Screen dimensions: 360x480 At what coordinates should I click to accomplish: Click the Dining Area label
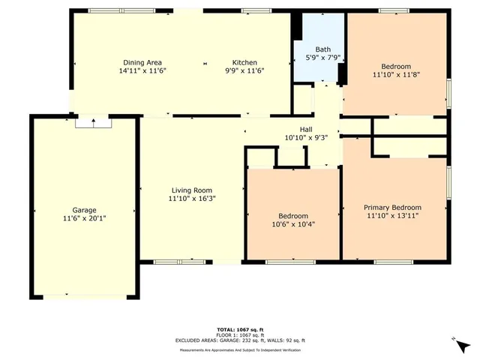(x=142, y=62)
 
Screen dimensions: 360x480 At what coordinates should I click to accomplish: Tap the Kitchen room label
(x=244, y=62)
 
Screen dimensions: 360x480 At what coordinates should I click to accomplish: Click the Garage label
(x=84, y=210)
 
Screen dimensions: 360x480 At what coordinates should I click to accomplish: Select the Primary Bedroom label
(x=392, y=208)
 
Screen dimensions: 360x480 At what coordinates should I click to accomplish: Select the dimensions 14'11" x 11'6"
(x=142, y=71)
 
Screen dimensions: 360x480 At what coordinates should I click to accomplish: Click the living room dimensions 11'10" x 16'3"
(x=191, y=199)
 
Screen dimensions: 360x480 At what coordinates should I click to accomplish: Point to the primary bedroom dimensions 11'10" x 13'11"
(x=392, y=216)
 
